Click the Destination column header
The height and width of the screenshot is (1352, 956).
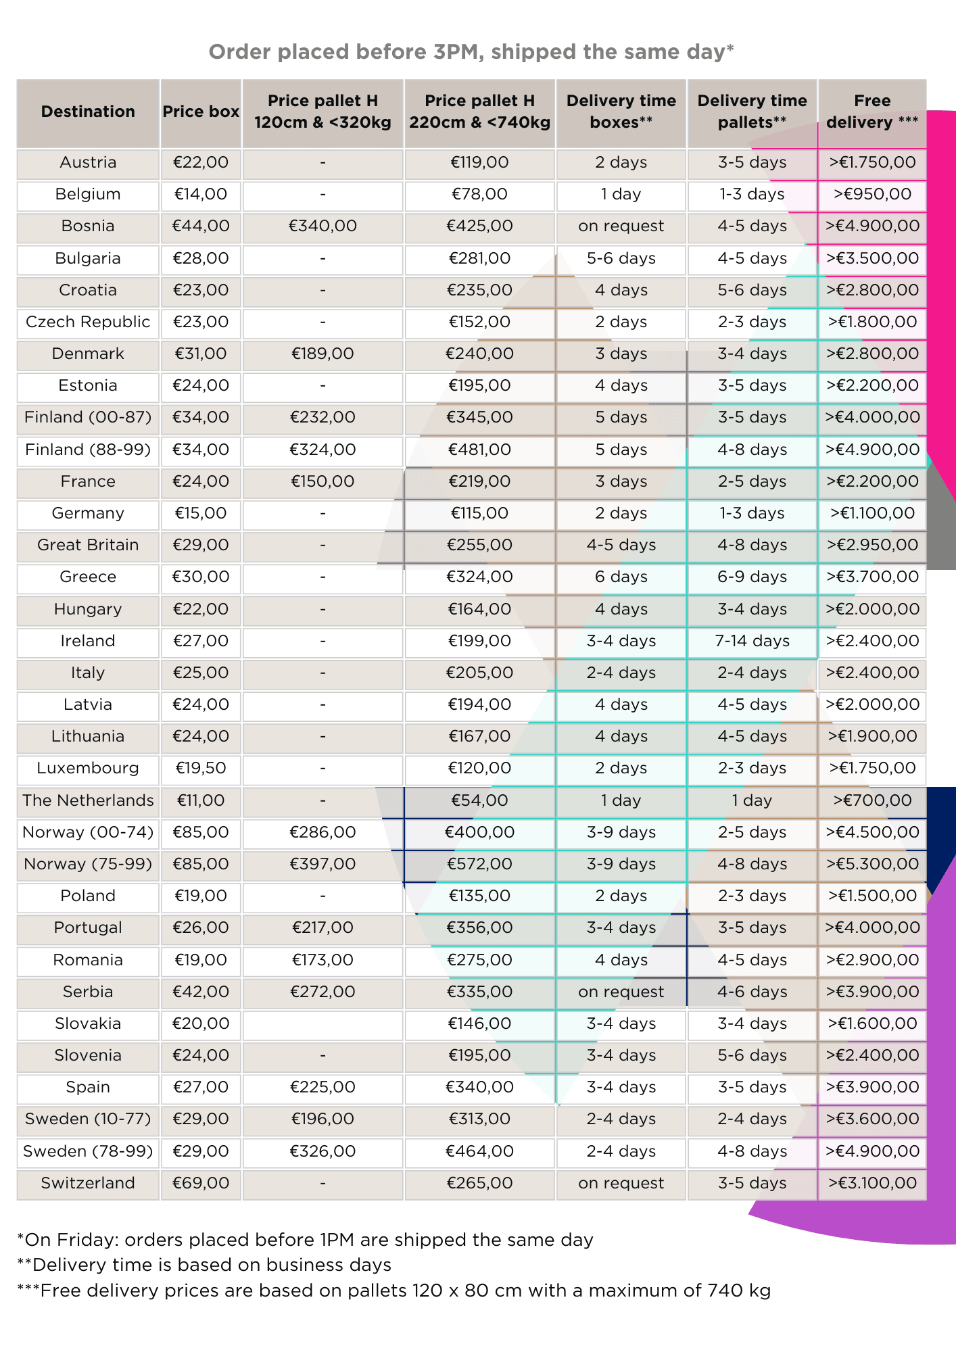point(88,112)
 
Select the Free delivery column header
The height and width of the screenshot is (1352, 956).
point(872,112)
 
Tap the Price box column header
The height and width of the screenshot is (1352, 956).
point(201,112)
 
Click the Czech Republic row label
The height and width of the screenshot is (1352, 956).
point(88,322)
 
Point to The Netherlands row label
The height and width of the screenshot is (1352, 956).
point(88,800)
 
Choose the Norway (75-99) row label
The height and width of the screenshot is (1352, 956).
point(88,864)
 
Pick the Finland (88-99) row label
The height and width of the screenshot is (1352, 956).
point(88,450)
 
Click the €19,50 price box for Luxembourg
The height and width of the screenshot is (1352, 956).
point(201,768)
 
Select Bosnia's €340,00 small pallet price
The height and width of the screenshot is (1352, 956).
point(322,226)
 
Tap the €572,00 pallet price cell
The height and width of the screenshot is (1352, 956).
point(479,864)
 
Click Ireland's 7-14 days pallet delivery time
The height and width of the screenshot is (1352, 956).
point(752,641)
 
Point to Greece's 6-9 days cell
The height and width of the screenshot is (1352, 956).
point(752,577)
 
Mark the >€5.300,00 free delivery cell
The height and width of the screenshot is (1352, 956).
point(872,864)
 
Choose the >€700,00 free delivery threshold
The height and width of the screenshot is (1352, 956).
point(872,800)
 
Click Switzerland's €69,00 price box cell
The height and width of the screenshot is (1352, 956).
point(201,1183)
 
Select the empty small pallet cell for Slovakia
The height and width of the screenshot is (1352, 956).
point(322,1023)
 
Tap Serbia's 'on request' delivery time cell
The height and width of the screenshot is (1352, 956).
point(621,992)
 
